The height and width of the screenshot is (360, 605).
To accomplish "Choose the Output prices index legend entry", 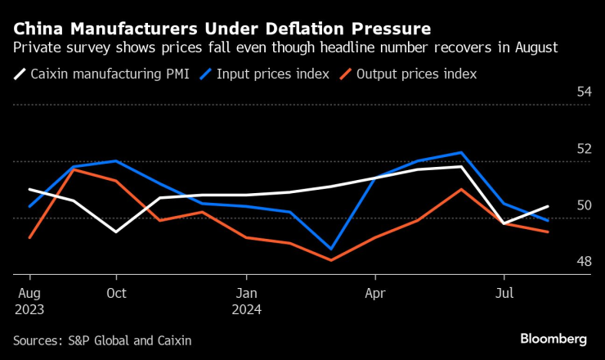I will pyautogui.click(x=410, y=74).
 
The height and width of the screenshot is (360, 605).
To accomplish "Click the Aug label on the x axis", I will pyautogui.click(x=29, y=292).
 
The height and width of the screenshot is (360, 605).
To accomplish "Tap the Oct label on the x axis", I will pyautogui.click(x=116, y=292).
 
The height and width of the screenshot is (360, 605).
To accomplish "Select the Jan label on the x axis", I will pyautogui.click(x=246, y=292).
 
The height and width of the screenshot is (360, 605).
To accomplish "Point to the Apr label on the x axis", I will pyautogui.click(x=375, y=292).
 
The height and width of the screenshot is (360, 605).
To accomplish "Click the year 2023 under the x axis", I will pyautogui.click(x=29, y=310).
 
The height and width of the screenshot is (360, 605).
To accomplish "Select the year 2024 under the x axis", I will pyautogui.click(x=246, y=310).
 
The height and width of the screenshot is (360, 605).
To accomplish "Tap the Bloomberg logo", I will pyautogui.click(x=553, y=339).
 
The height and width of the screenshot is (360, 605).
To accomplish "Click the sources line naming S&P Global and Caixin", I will pyautogui.click(x=108, y=339).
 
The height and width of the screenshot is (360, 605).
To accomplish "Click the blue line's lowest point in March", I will pyautogui.click(x=332, y=249).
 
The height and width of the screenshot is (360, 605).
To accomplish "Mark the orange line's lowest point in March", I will pyautogui.click(x=332, y=260).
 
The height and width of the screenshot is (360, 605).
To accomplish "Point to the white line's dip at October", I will pyautogui.click(x=116, y=232).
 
